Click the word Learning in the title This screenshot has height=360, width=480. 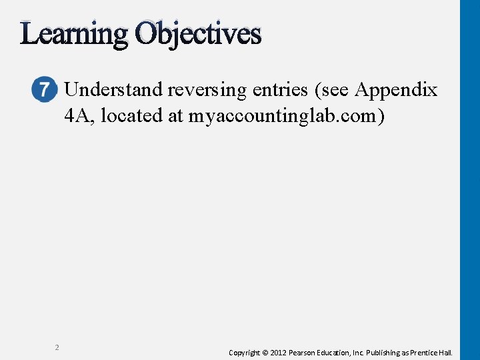(x=73, y=34)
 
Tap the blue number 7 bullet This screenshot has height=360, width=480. (x=43, y=89)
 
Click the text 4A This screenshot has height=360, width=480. (x=79, y=115)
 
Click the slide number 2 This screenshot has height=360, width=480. (x=57, y=347)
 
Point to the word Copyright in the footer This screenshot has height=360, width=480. (x=244, y=353)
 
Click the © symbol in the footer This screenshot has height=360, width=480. (x=264, y=353)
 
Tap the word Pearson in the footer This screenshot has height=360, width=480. (x=302, y=353)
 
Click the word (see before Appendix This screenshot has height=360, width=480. (x=333, y=90)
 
